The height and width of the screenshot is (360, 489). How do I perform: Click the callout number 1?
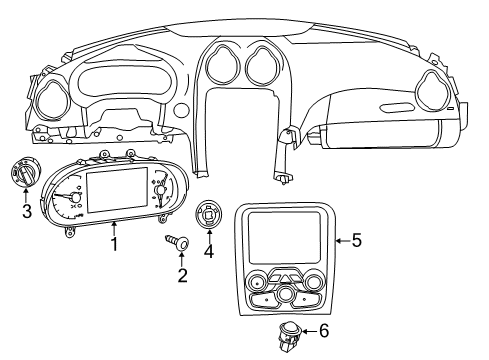pyautogui.click(x=115, y=243)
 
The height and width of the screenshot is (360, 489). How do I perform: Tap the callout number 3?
pyautogui.click(x=27, y=211)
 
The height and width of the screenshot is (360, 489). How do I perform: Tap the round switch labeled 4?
pyautogui.click(x=209, y=215)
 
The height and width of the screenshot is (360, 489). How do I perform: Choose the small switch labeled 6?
pyautogui.click(x=290, y=334)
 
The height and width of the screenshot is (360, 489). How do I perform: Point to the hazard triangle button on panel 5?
pyautogui.click(x=285, y=277)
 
